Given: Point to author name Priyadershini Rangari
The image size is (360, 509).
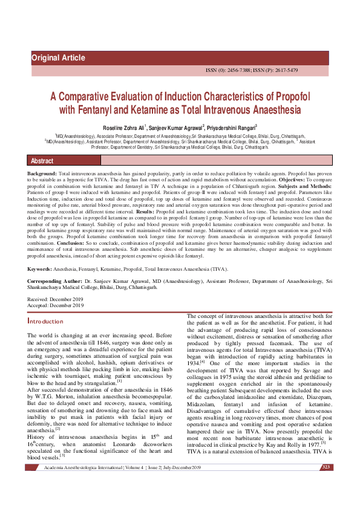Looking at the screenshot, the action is pyautogui.click(x=230, y=128).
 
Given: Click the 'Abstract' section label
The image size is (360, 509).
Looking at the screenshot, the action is pyautogui.click(x=42, y=161).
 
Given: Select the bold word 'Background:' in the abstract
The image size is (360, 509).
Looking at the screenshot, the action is pyautogui.click(x=42, y=173).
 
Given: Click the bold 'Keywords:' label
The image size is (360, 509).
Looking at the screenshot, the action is pyautogui.click(x=40, y=268).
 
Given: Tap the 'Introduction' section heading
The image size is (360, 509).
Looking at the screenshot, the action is pyautogui.click(x=45, y=322).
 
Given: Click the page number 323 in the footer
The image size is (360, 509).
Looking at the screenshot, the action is pyautogui.click(x=326, y=501).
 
